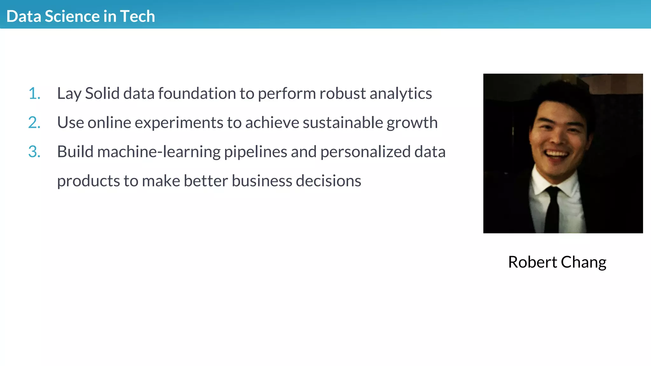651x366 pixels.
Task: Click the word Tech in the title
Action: point(137,16)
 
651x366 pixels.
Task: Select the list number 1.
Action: point(34,93)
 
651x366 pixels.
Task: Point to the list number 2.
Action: point(34,123)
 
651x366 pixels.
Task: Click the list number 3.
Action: point(34,152)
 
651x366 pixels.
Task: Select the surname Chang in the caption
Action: point(584,263)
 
